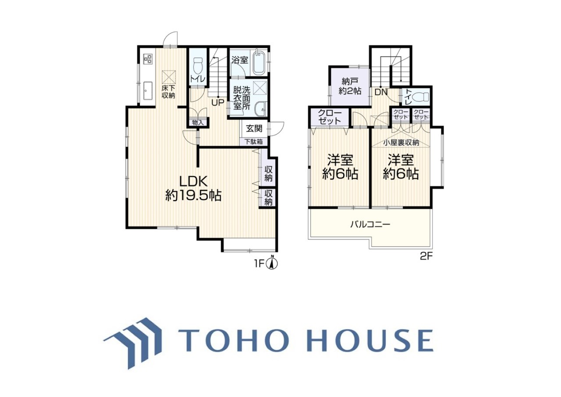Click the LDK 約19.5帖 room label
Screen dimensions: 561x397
(193, 188)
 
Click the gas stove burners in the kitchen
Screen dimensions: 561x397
(147, 58)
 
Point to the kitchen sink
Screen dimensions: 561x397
(148, 90)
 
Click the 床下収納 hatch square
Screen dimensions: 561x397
(169, 77)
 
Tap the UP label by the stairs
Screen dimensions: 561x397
(218, 102)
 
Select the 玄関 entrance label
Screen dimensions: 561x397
(254, 129)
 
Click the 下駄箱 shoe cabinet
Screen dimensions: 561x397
(254, 142)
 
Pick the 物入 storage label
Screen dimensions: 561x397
(198, 122)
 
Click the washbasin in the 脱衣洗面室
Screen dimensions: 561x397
(260, 109)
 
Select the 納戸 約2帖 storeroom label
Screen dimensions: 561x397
(350, 86)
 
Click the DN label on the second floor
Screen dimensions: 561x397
(381, 92)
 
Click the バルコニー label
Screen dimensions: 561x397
(370, 224)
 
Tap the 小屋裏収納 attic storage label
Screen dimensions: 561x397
(401, 143)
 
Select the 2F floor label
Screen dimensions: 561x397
(426, 257)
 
